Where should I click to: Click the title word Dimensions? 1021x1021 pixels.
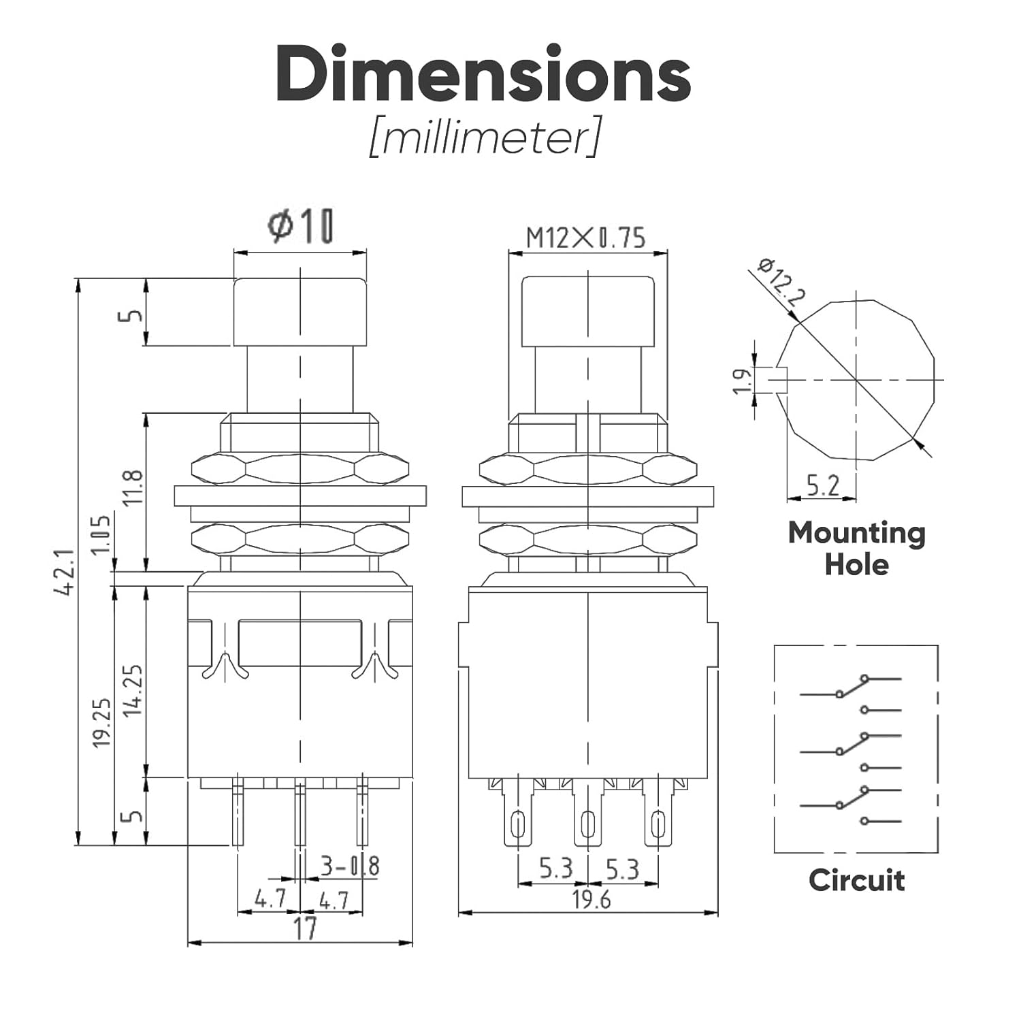pos(483,75)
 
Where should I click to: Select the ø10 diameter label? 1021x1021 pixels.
pos(300,226)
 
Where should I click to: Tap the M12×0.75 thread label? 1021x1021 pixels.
pos(586,238)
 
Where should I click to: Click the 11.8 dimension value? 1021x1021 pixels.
pos(134,487)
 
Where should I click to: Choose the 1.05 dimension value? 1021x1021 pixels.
pos(100,535)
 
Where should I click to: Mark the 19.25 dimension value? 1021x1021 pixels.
pos(101,723)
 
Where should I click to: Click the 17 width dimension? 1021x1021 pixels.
pos(305,928)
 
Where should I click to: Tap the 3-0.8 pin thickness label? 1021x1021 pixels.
pos(349,866)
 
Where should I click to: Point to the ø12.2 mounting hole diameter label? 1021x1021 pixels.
pos(782,280)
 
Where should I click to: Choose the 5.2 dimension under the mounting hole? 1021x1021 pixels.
pos(822,485)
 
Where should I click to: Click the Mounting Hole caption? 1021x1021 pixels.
pos(856,549)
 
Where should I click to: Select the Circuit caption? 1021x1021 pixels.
pos(856,880)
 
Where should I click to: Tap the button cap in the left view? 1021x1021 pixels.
pos(299,311)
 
